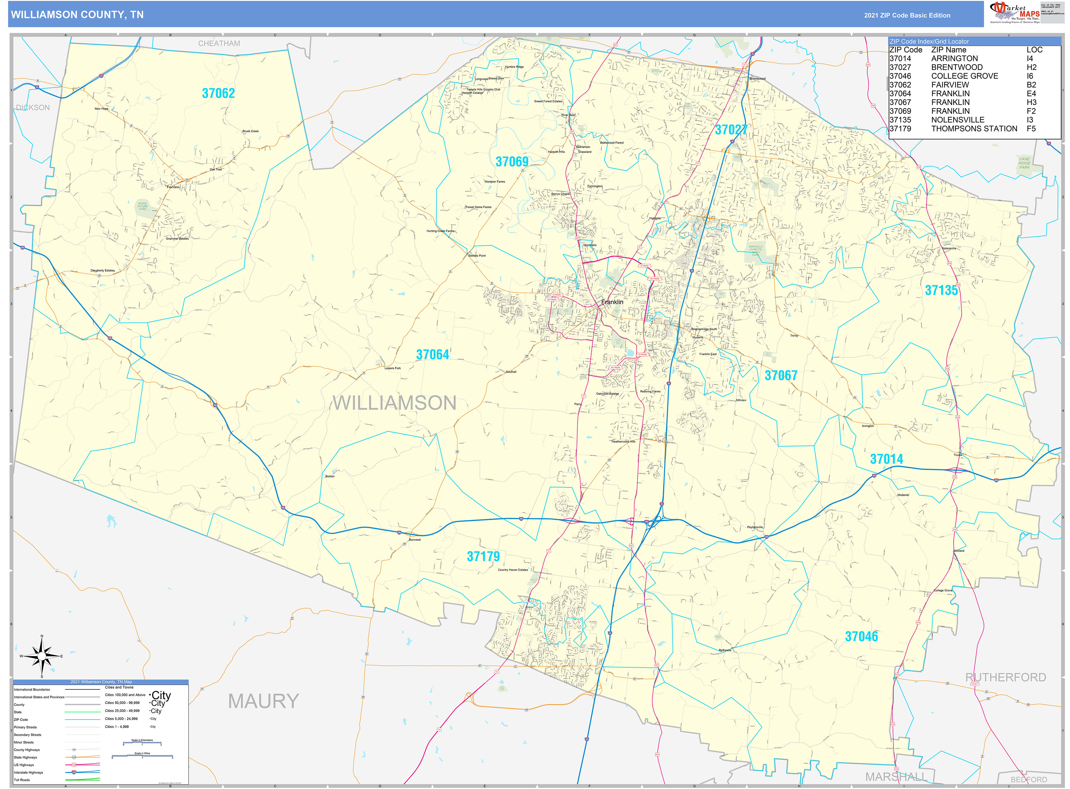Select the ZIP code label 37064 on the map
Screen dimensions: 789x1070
(x=432, y=354)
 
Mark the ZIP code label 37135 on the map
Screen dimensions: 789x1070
(x=941, y=290)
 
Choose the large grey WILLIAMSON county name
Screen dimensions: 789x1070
(x=394, y=403)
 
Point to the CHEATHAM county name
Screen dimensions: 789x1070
(x=219, y=43)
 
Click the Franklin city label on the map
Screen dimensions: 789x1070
(x=612, y=302)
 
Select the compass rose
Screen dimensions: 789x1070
(x=42, y=657)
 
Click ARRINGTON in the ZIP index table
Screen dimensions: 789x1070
(x=954, y=58)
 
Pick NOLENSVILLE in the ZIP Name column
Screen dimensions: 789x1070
(x=958, y=120)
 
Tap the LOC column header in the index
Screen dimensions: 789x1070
(x=1034, y=50)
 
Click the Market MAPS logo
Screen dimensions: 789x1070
(x=1014, y=12)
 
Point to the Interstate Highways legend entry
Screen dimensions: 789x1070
(x=28, y=772)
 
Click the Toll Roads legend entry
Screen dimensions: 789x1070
(x=22, y=780)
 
